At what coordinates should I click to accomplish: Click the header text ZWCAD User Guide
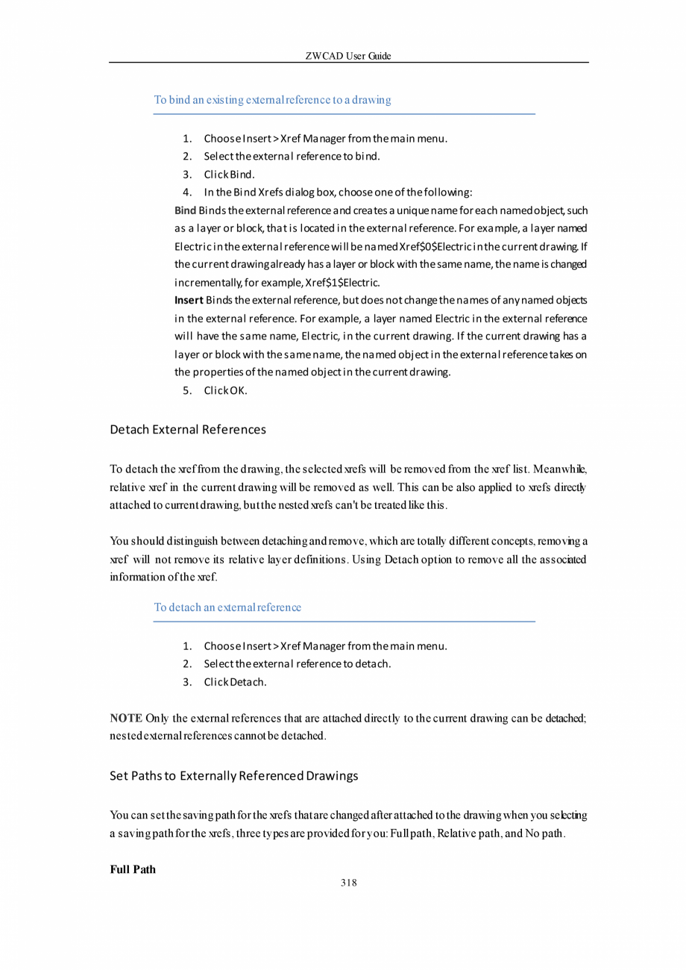[348, 56]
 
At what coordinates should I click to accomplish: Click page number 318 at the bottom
[348, 883]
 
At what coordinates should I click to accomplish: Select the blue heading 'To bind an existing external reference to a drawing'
[272, 99]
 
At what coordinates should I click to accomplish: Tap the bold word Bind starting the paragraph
[185, 210]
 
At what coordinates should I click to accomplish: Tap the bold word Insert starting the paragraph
[189, 300]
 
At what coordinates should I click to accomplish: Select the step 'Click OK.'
[225, 389]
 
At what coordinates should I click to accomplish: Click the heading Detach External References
[188, 430]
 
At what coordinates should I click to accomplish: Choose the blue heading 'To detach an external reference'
[227, 607]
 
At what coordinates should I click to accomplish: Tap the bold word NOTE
[126, 719]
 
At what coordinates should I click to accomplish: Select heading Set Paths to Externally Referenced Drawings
[233, 776]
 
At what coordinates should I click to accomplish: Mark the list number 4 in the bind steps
[188, 193]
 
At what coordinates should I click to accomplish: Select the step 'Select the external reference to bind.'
[292, 157]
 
